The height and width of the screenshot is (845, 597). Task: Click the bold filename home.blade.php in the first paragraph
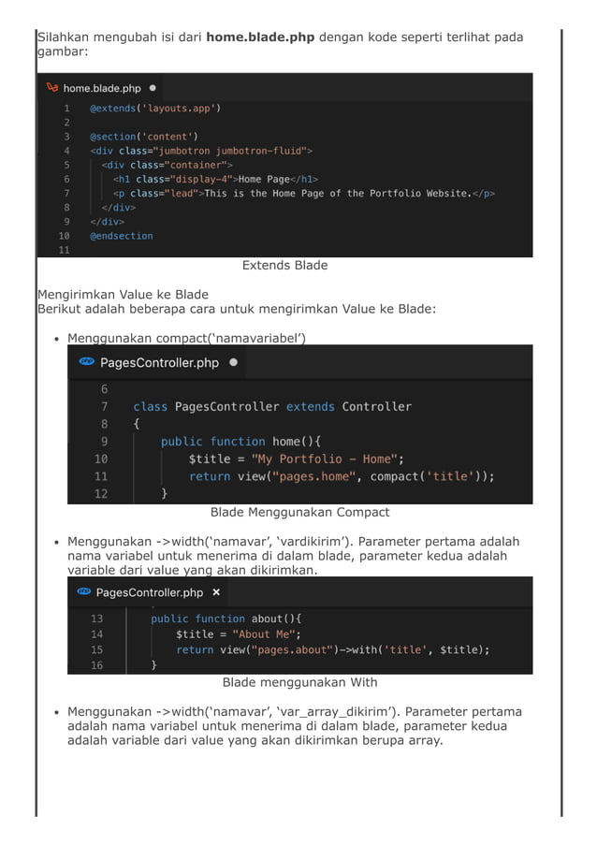[x=260, y=37]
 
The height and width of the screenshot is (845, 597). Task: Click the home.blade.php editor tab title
[x=102, y=88]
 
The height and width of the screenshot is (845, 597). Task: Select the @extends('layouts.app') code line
[x=154, y=109]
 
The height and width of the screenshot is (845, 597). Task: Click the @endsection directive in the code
[x=121, y=236]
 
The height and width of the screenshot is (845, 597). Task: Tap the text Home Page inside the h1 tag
[x=263, y=179]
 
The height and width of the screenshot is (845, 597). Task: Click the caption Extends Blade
[x=284, y=266]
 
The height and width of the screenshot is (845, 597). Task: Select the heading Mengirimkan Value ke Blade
[x=123, y=295]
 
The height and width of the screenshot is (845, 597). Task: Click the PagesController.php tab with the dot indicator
[x=159, y=362]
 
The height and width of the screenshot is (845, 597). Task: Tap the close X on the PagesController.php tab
[x=216, y=592]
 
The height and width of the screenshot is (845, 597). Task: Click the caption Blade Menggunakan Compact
[x=299, y=513]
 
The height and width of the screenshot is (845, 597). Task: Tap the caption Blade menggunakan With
[x=299, y=683]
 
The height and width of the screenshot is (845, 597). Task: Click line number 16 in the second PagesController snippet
[x=97, y=665]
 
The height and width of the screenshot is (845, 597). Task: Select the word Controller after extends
[x=376, y=406]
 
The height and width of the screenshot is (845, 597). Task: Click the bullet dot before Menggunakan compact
[x=57, y=339]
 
